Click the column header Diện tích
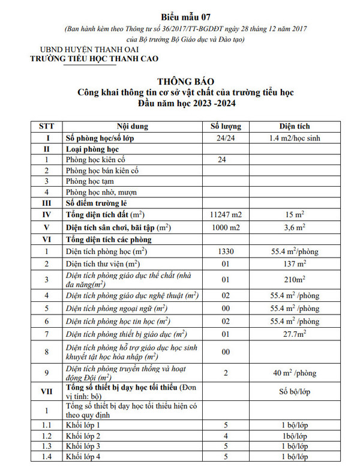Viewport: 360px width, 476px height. [x=294, y=127]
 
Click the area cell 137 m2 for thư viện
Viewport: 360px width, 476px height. [x=294, y=264]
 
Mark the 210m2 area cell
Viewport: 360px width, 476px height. [x=294, y=280]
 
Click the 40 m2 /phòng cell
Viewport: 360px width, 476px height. [x=294, y=373]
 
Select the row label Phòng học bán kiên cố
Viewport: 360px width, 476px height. [x=103, y=170]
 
